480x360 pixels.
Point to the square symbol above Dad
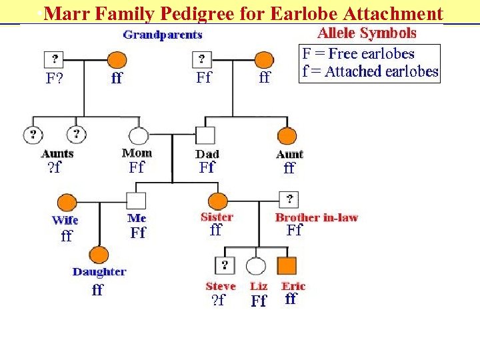click(206, 136)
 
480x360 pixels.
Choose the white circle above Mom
click(138, 136)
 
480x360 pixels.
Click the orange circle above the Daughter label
click(99, 254)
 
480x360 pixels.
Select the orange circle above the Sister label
click(218, 200)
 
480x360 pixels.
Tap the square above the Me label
click(136, 201)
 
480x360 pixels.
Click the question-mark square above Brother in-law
click(289, 199)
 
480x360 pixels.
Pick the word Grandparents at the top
click(163, 34)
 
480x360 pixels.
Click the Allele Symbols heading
click(367, 33)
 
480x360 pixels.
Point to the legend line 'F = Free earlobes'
click(358, 54)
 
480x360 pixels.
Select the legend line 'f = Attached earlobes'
click(370, 71)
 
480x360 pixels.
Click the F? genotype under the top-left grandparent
click(54, 78)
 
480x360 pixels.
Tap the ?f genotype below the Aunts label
click(54, 167)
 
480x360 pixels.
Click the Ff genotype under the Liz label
click(259, 301)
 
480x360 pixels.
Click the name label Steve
click(221, 286)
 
